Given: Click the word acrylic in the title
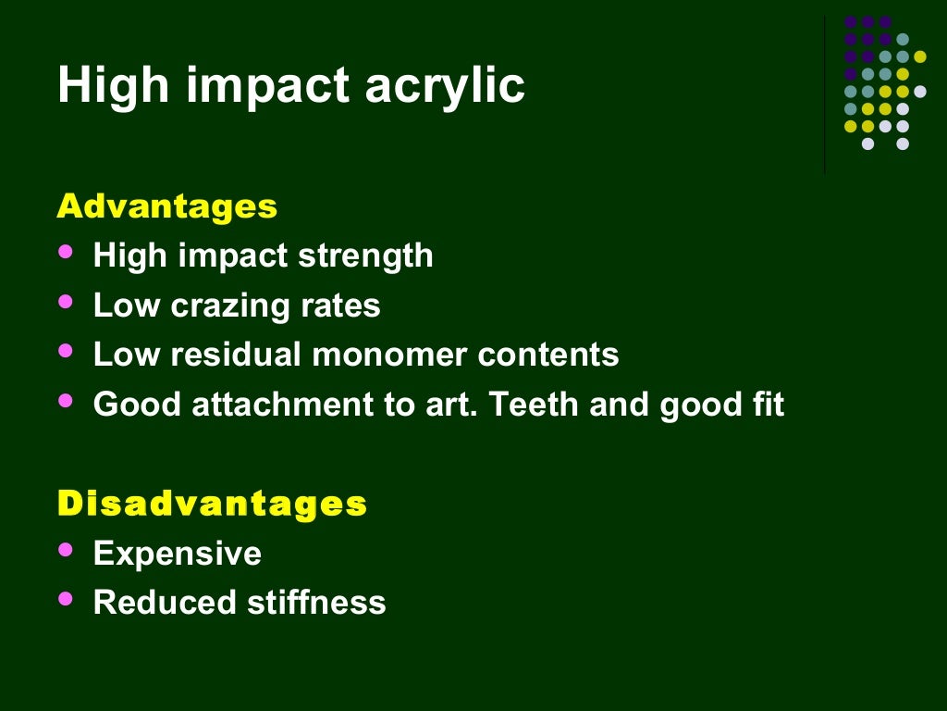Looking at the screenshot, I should click(x=445, y=86).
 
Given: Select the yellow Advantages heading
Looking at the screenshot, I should click(x=166, y=206).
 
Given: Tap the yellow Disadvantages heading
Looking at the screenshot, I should click(x=212, y=504).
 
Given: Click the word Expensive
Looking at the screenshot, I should click(x=178, y=554).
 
